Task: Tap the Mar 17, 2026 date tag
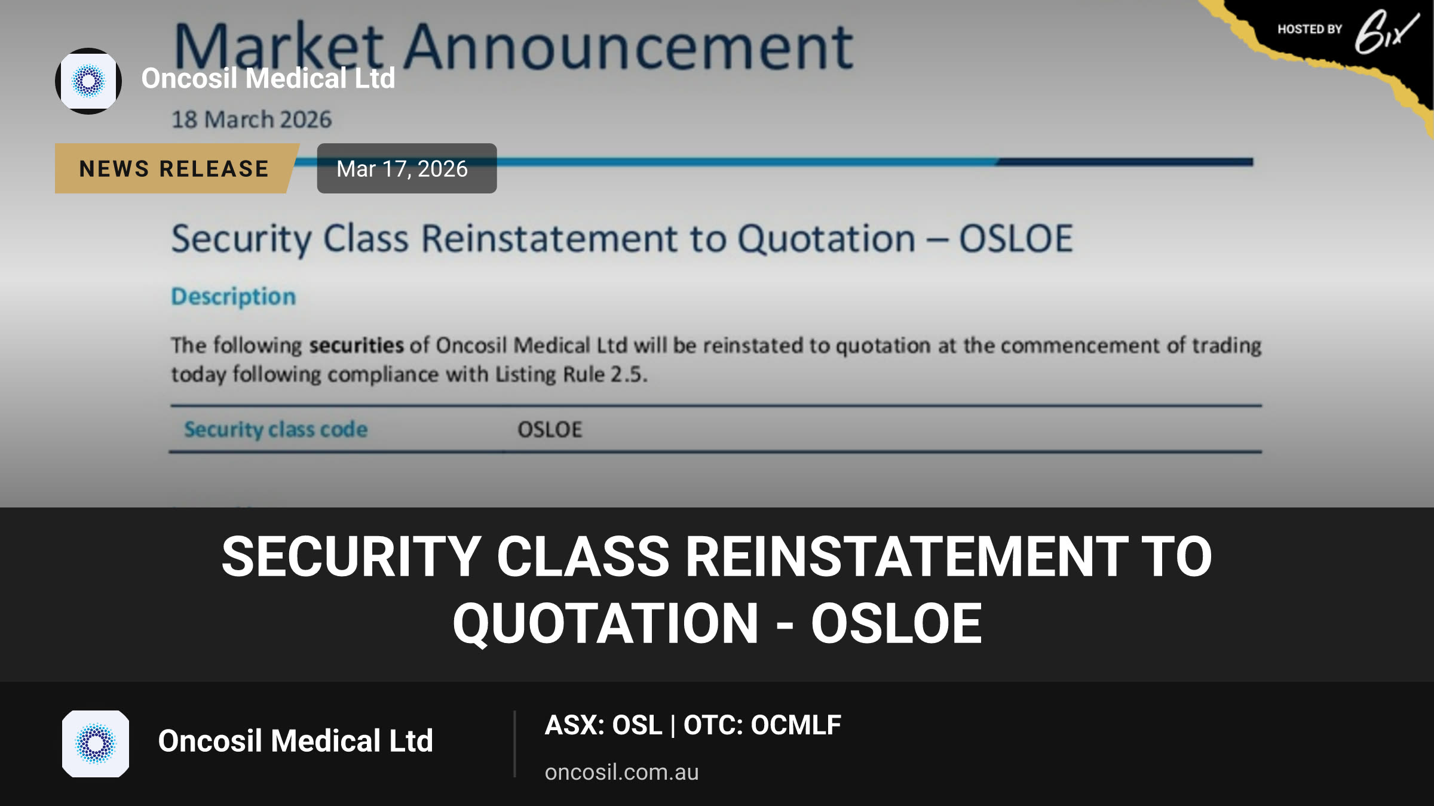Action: (406, 168)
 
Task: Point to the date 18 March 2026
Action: (251, 119)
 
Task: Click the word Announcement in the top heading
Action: (629, 47)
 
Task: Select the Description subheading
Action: (234, 297)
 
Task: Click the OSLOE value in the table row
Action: (550, 429)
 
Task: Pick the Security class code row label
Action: (275, 429)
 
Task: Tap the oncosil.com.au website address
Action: (621, 772)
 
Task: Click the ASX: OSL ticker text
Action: (603, 725)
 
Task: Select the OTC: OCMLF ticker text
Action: (762, 725)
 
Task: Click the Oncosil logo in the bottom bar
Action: (96, 744)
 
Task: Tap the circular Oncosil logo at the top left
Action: (88, 81)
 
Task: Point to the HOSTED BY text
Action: (1310, 29)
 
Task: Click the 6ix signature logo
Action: (1386, 33)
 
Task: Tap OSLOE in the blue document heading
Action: (1016, 239)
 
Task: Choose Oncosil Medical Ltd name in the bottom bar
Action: (295, 741)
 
